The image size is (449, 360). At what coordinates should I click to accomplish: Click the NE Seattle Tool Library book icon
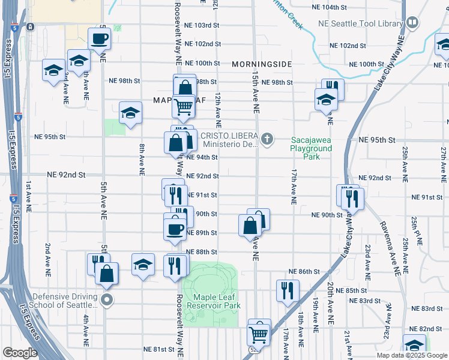[x=412, y=23]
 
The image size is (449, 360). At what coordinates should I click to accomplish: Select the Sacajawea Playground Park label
[x=310, y=148]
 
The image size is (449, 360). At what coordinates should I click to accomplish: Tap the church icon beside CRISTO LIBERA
[x=268, y=140]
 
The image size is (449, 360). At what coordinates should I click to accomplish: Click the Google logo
[x=20, y=353]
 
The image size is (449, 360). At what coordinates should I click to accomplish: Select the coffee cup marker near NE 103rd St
[x=100, y=39]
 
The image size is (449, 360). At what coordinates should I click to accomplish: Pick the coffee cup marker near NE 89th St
[x=175, y=228]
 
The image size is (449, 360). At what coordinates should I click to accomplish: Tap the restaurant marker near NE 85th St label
[x=288, y=290]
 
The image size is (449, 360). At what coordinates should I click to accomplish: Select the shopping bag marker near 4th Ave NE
[x=106, y=273]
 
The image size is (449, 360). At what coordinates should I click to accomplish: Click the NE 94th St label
[x=202, y=157]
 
